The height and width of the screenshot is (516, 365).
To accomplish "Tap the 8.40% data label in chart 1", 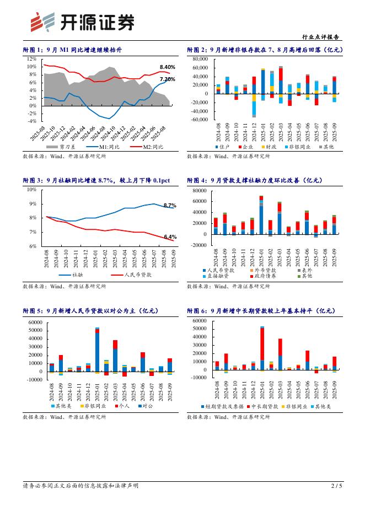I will [168, 67].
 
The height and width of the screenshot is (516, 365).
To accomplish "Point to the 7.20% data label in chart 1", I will [168, 79].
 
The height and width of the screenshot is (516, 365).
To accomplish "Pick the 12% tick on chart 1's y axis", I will [31, 59].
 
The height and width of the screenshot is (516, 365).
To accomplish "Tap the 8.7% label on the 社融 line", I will [169, 205].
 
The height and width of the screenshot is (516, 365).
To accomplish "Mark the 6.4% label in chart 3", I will [170, 237].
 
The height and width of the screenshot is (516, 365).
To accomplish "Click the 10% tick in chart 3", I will [32, 189].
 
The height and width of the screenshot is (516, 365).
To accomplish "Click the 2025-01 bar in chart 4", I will [261, 215].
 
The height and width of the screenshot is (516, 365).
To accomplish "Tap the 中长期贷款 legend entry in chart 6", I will [265, 406].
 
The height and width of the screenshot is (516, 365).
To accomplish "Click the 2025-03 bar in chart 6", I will [280, 354].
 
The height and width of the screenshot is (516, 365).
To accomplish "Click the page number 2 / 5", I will [336, 486].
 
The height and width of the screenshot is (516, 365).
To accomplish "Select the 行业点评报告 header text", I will [322, 37].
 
